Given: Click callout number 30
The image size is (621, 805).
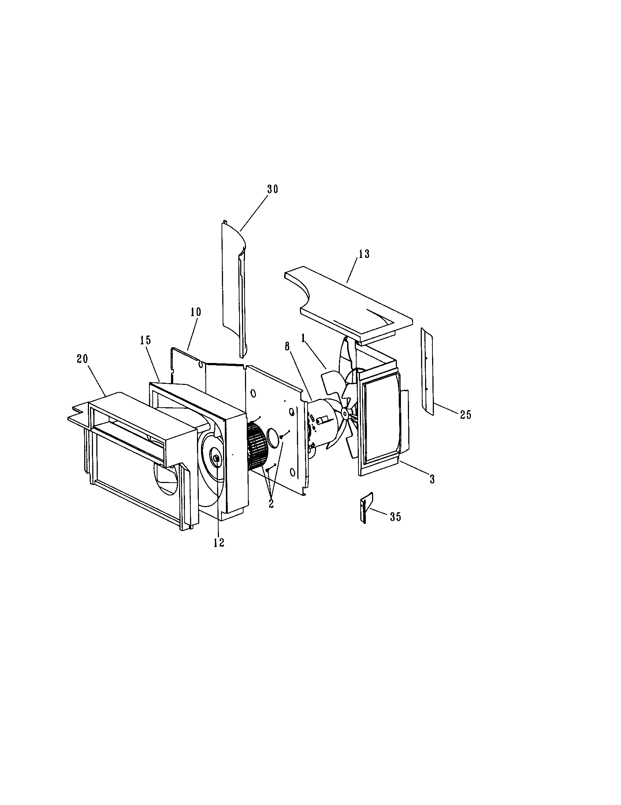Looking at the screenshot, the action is click(x=272, y=190).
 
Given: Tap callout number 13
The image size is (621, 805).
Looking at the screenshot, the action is click(x=364, y=254).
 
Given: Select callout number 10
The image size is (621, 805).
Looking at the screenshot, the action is click(x=196, y=312).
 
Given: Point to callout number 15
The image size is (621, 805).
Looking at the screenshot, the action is click(x=146, y=340).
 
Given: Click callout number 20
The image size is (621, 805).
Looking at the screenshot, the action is click(x=83, y=359).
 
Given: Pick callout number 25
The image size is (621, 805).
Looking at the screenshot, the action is click(x=465, y=415).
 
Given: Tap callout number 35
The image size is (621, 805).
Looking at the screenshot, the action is click(x=395, y=517).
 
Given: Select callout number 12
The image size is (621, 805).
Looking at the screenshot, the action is click(x=219, y=543).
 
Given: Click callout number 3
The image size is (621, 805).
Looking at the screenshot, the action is click(x=432, y=479).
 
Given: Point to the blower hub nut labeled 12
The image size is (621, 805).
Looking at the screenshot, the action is click(x=216, y=458).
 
